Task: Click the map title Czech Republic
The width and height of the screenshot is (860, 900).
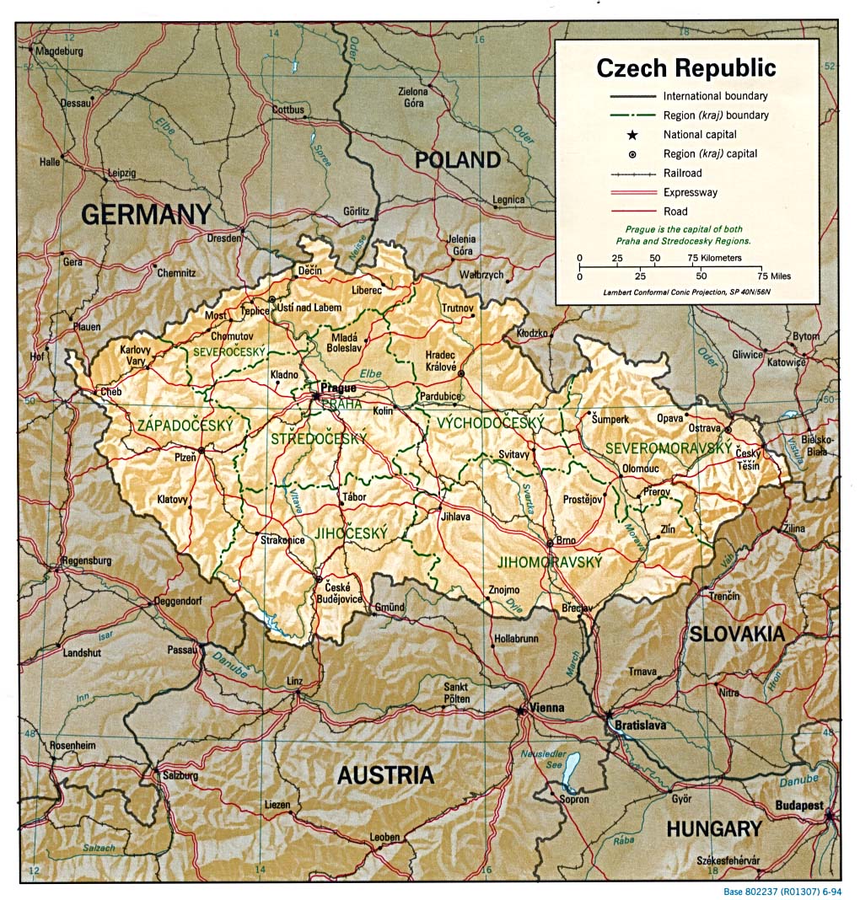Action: (x=686, y=68)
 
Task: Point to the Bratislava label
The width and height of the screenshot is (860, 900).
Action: (x=640, y=724)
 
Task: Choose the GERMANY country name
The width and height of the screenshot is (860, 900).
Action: (x=145, y=215)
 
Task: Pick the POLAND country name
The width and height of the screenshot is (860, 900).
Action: (x=457, y=159)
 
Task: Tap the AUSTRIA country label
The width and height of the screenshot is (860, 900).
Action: (x=385, y=775)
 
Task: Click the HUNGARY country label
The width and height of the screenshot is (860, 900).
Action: (x=713, y=829)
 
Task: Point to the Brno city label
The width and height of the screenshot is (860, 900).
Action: (x=567, y=541)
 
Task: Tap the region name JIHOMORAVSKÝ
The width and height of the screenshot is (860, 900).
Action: (x=549, y=562)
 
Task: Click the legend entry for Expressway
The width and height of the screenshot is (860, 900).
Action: (x=690, y=192)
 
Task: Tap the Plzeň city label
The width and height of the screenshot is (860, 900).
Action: (x=185, y=456)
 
